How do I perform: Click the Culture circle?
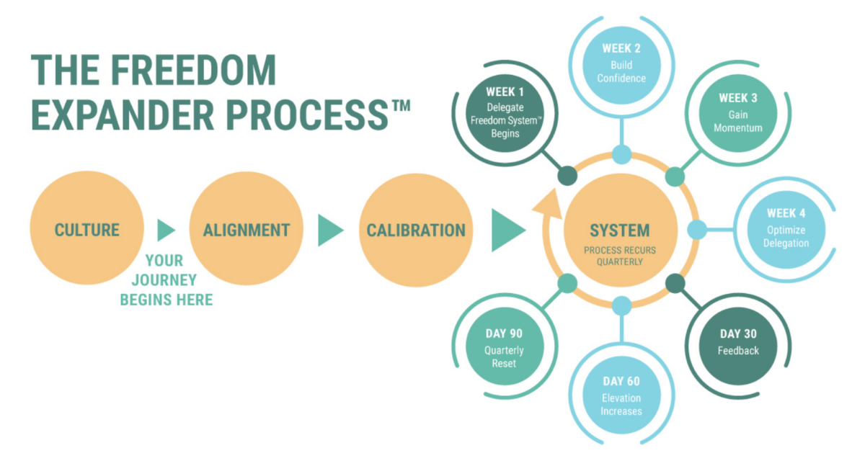(87, 228)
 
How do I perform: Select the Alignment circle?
(246, 228)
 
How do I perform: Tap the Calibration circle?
(416, 230)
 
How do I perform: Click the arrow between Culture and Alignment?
(166, 230)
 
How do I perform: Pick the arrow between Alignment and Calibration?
(330, 230)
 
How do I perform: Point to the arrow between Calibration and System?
(507, 230)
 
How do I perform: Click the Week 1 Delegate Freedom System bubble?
(505, 113)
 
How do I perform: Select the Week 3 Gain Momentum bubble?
(738, 113)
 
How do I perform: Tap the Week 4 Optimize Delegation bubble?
(786, 230)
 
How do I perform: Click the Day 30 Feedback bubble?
(738, 346)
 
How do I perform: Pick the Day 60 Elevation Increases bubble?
(621, 395)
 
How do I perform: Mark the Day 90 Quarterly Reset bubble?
(505, 346)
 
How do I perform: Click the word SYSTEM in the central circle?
(620, 230)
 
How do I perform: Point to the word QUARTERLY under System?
(620, 262)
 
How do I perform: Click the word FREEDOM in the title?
(193, 70)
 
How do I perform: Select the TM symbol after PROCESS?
(402, 105)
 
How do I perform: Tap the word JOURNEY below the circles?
(164, 280)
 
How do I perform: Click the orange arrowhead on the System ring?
(549, 204)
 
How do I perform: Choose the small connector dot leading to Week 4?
(697, 230)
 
